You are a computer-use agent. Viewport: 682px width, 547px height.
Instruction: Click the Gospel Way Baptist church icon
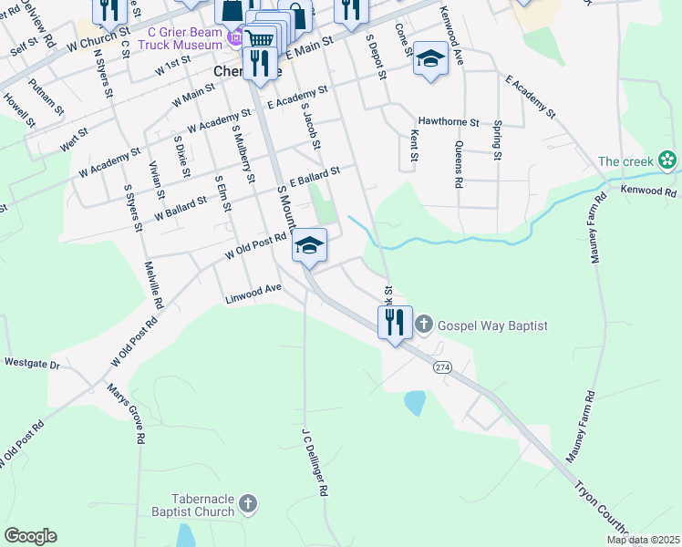coord(424,324)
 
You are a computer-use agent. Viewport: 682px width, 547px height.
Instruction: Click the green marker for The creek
coord(668,161)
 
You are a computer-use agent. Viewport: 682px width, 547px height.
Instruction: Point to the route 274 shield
coord(443,366)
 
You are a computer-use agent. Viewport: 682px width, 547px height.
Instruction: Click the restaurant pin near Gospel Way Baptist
coord(395,324)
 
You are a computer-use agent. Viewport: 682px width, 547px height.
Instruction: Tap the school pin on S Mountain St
coord(310,246)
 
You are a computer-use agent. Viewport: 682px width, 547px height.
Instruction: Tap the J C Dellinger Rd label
coord(315,460)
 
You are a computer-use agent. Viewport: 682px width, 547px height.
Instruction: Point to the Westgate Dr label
coord(31,363)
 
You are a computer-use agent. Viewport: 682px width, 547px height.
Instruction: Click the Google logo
coord(30,536)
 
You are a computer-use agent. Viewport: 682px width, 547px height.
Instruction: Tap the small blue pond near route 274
coord(415,402)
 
